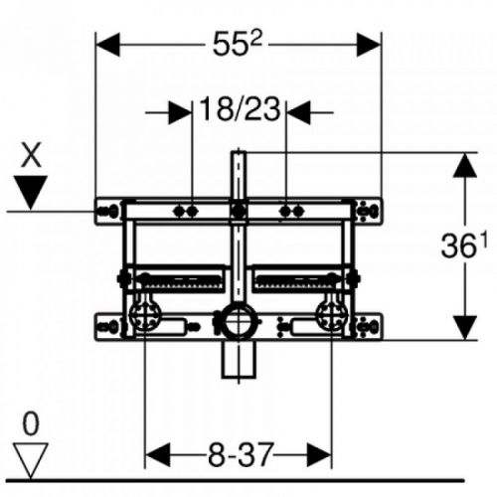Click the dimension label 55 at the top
(238, 44)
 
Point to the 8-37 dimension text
(240, 455)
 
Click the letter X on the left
(32, 154)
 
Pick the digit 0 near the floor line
(32, 425)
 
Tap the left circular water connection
(143, 319)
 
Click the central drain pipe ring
(238, 322)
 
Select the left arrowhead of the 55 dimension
(107, 44)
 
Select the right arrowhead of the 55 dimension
(370, 44)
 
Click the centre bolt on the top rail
(238, 211)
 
